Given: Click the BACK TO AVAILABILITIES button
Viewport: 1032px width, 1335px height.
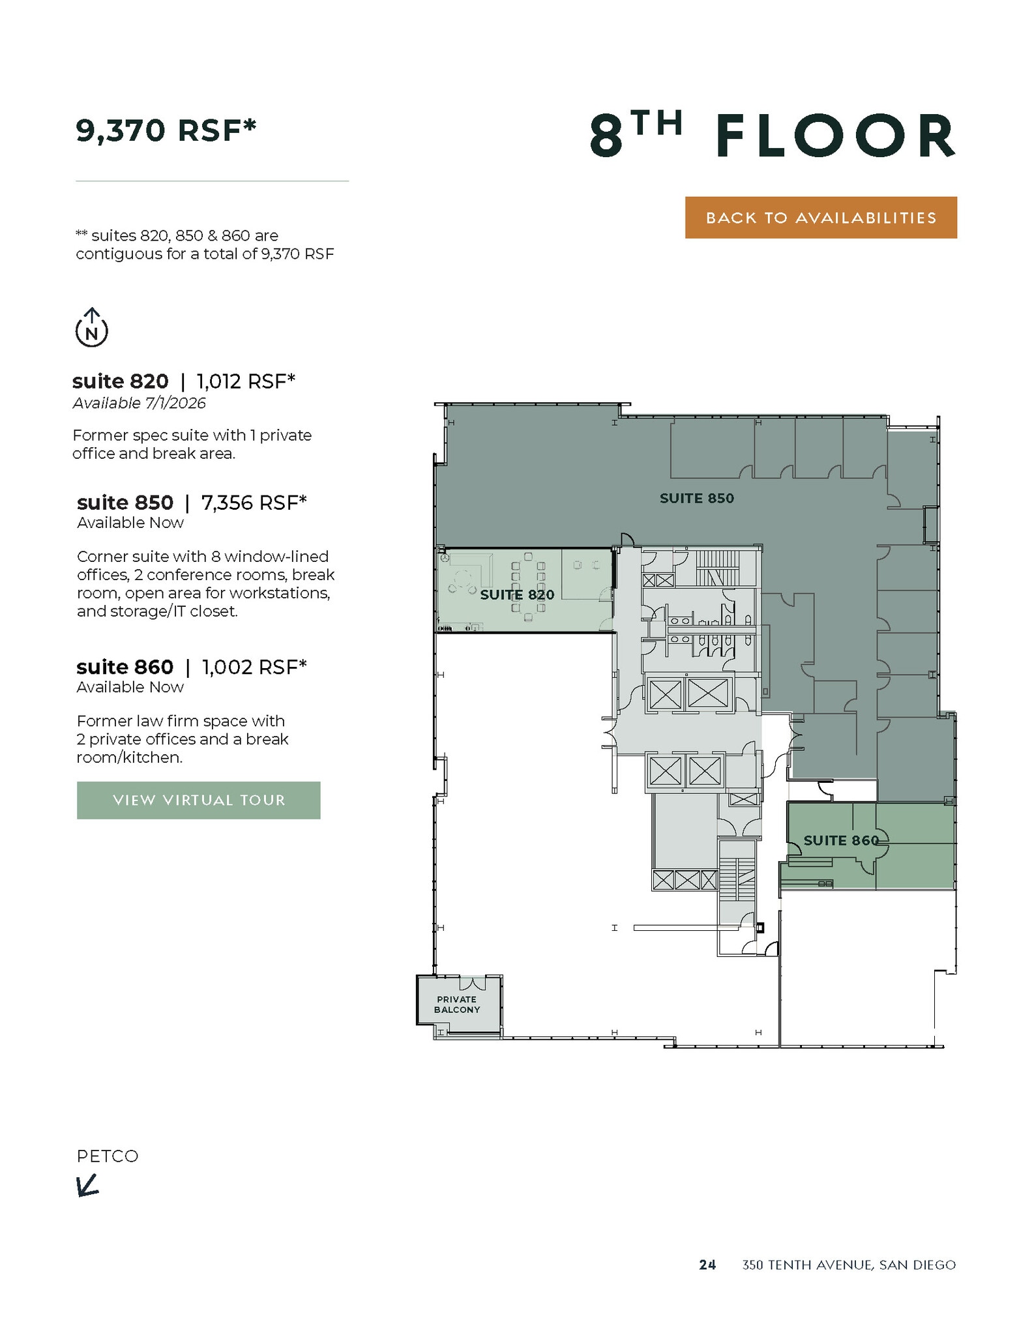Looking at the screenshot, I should pyautogui.click(x=820, y=218).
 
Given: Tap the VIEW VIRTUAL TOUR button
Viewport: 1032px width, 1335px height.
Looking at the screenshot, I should pyautogui.click(x=198, y=800).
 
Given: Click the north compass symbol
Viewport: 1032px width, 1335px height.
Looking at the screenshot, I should pyautogui.click(x=92, y=329).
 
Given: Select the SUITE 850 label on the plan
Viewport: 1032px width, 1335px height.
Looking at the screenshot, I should pyautogui.click(x=696, y=499).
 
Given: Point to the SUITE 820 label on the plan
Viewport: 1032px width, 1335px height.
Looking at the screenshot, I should pyautogui.click(x=517, y=594).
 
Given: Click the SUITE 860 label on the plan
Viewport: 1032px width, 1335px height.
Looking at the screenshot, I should pyautogui.click(x=841, y=840).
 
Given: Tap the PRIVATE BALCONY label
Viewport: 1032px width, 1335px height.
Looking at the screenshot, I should pyautogui.click(x=457, y=1005).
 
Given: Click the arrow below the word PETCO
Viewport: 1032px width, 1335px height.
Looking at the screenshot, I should pyautogui.click(x=87, y=1185).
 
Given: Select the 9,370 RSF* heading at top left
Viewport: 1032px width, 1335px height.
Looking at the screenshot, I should pyautogui.click(x=166, y=130).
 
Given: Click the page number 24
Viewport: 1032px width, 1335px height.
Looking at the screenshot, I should pyautogui.click(x=707, y=1265).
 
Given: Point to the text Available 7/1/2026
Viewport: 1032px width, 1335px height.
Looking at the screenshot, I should pyautogui.click(x=139, y=403).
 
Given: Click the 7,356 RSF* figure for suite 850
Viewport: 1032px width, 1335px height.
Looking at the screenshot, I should pyautogui.click(x=254, y=503).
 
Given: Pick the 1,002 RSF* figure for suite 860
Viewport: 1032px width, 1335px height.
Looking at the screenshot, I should pyautogui.click(x=254, y=667).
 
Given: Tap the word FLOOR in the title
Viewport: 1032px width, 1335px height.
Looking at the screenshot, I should pyautogui.click(x=836, y=136).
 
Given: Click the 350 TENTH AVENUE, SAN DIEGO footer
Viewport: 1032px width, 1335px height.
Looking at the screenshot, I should pyautogui.click(x=849, y=1265).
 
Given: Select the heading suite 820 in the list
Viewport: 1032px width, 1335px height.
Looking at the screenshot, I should pyautogui.click(x=120, y=381).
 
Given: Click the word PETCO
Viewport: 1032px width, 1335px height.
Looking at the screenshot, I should pyautogui.click(x=108, y=1156).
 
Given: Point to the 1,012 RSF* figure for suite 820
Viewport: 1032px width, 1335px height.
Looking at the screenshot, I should pyautogui.click(x=246, y=381).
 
